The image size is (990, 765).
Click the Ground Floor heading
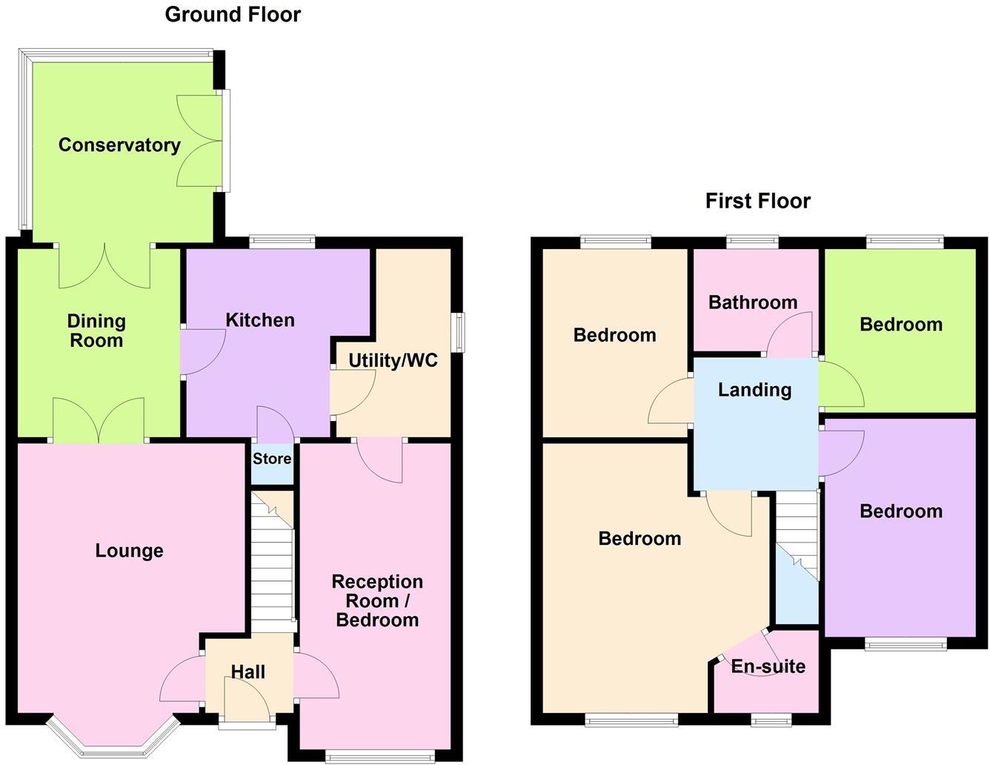[x=233, y=14]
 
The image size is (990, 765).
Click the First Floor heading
[x=757, y=201]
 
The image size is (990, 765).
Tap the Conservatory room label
[x=119, y=145]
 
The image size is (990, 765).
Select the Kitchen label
[x=260, y=320]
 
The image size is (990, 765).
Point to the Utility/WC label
[x=393, y=360]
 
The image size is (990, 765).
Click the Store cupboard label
[x=272, y=459]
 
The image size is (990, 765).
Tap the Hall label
[x=247, y=672]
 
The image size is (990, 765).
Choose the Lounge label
[x=129, y=551]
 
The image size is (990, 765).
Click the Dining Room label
[x=96, y=331]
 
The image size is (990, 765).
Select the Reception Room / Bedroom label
[x=377, y=600]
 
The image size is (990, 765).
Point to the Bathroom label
[x=753, y=302]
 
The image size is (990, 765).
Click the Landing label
[x=754, y=390]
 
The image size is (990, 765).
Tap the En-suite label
[x=768, y=666]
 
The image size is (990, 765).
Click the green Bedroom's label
[x=901, y=324]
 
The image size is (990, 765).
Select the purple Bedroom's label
[x=901, y=511]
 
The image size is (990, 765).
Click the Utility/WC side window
[x=460, y=333]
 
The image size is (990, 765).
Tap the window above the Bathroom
[x=753, y=240]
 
